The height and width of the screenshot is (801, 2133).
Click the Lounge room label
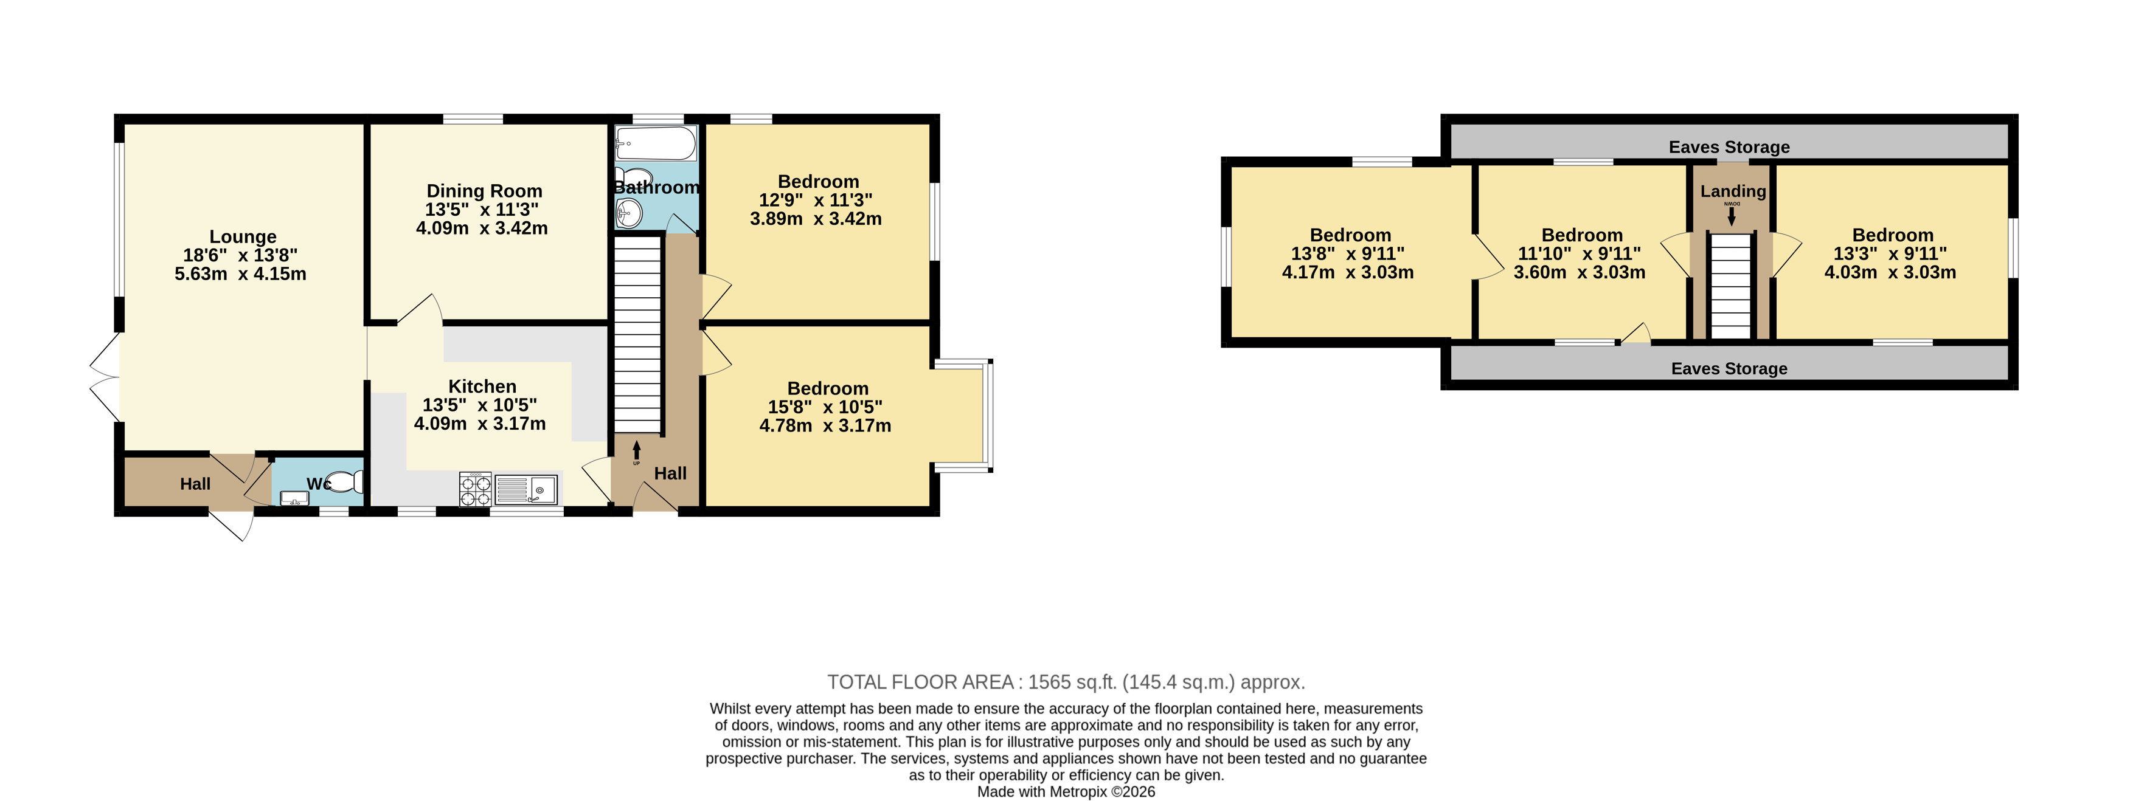click(243, 236)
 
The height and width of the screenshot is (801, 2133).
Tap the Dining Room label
click(484, 191)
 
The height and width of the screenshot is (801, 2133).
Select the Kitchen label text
click(482, 387)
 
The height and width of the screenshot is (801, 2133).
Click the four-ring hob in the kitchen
click(475, 489)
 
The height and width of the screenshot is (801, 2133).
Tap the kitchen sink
click(527, 490)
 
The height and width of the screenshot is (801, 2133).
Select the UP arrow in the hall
click(636, 451)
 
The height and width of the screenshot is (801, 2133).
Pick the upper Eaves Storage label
click(1729, 147)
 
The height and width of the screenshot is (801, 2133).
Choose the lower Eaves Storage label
click(1729, 369)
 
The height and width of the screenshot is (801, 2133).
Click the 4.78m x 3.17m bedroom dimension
click(825, 426)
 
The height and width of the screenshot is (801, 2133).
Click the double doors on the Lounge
click(105, 377)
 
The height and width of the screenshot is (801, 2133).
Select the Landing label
click(1733, 191)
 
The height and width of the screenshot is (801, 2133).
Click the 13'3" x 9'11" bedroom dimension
click(1890, 254)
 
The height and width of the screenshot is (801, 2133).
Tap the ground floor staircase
click(637, 334)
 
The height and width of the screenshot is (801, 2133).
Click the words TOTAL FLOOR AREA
click(921, 682)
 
